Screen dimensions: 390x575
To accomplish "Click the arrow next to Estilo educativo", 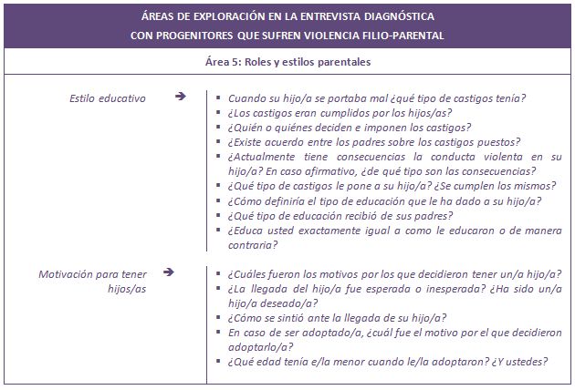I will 181,96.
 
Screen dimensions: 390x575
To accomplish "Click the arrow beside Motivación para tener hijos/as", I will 181,272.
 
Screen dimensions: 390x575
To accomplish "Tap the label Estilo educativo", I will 108,97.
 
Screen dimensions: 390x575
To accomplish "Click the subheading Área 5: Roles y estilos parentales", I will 287,62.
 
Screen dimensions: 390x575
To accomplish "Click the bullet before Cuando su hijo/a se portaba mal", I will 220,97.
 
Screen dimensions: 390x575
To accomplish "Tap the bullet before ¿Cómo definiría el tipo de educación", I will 220,200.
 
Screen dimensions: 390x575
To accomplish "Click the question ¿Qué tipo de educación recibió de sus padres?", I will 340,215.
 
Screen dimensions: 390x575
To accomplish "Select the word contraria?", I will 253,244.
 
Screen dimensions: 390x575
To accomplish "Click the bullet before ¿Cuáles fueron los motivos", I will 220,273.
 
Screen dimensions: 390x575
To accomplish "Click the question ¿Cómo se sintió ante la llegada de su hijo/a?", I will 336,317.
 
